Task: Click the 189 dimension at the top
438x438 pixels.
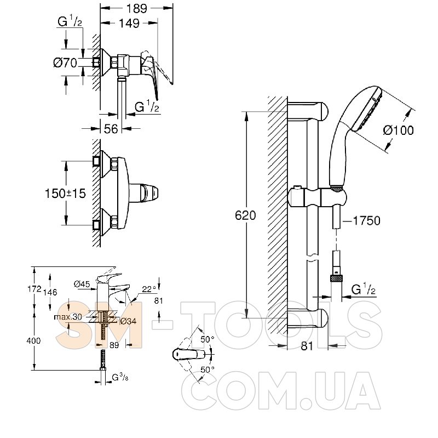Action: tap(136, 9)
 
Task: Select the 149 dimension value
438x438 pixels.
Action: tap(129, 24)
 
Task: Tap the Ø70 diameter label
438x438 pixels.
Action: tap(65, 63)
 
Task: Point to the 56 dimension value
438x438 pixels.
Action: tap(111, 129)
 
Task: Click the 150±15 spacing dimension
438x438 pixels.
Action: tap(65, 194)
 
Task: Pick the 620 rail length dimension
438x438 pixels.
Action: tap(245, 215)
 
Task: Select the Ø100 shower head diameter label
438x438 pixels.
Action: tap(398, 130)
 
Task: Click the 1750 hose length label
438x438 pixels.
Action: tap(366, 221)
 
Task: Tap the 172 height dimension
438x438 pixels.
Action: tap(34, 289)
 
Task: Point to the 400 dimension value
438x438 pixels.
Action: tap(33, 340)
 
